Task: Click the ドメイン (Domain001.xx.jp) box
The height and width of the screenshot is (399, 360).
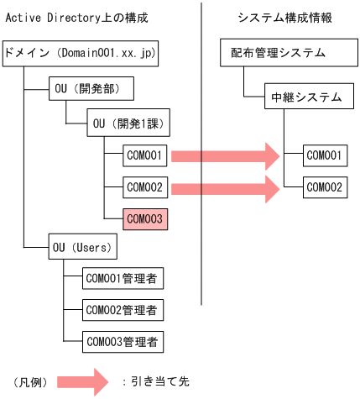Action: [80, 53]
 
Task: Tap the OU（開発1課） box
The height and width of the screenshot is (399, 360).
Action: [128, 124]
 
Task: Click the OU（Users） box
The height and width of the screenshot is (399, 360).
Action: [82, 249]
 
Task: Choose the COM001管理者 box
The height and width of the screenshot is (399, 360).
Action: [123, 277]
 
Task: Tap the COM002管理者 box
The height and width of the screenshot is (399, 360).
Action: [123, 309]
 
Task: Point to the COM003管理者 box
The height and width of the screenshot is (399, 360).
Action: [123, 341]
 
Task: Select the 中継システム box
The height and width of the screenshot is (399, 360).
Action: [305, 97]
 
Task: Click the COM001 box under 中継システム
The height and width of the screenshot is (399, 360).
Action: [324, 155]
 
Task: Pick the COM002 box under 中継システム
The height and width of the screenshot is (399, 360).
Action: [324, 186]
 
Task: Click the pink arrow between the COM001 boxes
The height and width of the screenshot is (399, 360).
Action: [225, 155]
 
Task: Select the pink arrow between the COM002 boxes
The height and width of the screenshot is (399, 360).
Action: [225, 186]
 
